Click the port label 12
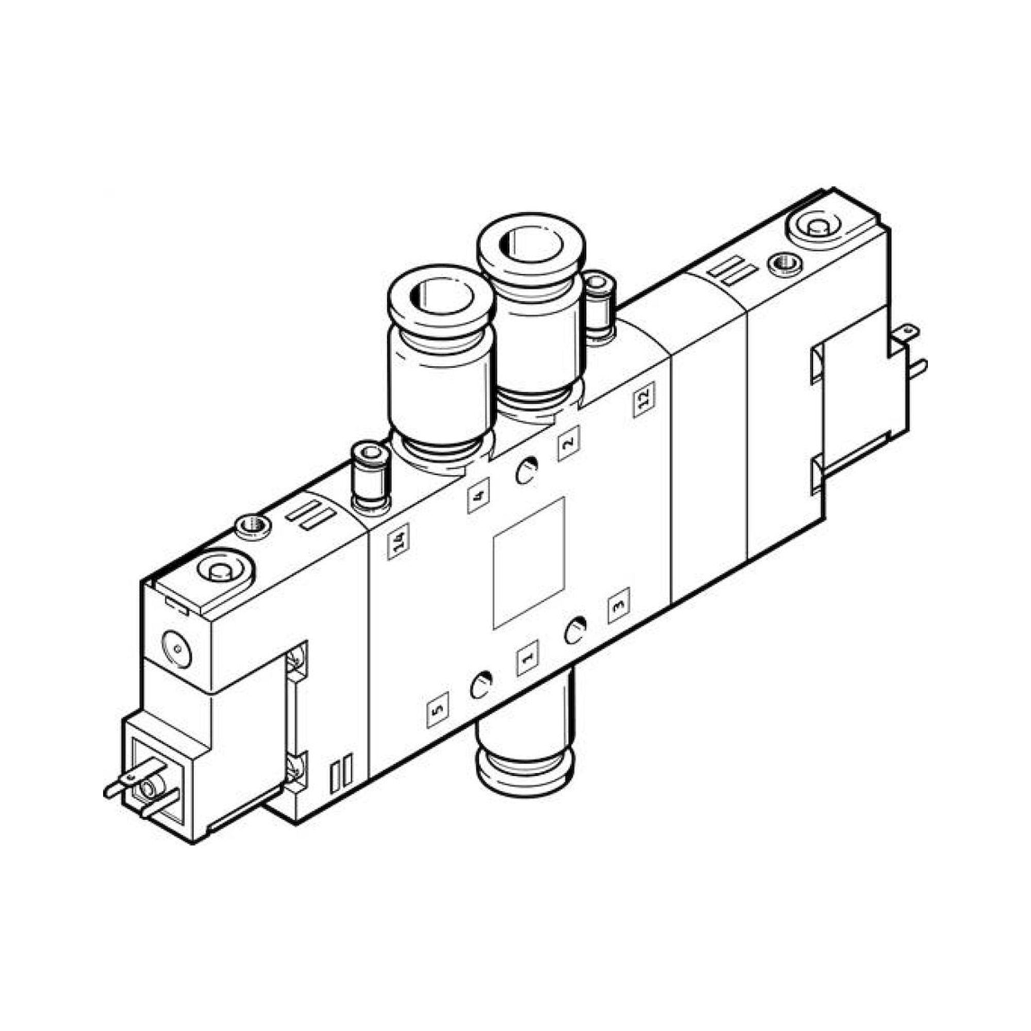[644, 399]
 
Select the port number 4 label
[478, 497]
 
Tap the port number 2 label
[568, 443]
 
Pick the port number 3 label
[619, 606]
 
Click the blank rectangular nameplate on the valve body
[529, 563]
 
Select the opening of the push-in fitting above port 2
[531, 243]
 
